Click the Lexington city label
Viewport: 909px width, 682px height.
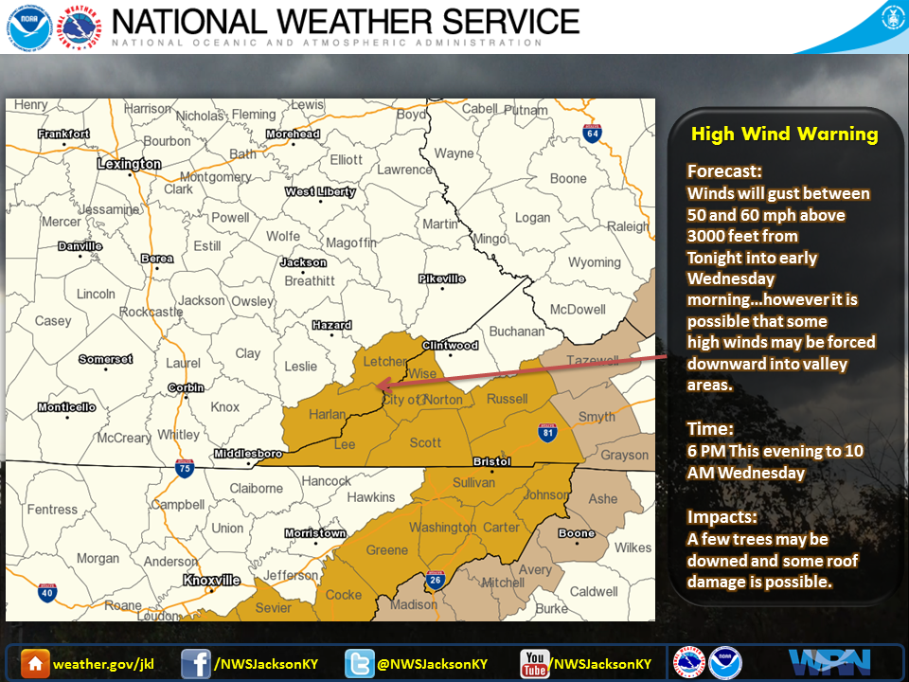click(x=130, y=164)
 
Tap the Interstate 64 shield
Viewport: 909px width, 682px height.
click(x=593, y=134)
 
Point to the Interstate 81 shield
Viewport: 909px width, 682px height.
click(x=546, y=432)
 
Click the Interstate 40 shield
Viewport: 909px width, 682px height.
click(x=45, y=594)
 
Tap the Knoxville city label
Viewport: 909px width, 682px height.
click(x=211, y=580)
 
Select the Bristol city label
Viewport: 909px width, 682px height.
click(x=491, y=462)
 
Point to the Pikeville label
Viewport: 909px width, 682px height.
click(x=442, y=278)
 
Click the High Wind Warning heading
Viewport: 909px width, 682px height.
click(x=784, y=135)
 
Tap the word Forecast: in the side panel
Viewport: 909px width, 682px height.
click(x=724, y=172)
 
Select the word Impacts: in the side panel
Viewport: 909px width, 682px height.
click(x=722, y=518)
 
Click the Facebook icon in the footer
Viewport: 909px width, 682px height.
click(x=195, y=663)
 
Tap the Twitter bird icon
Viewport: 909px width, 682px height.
click(x=359, y=663)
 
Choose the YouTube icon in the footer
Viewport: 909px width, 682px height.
click(x=535, y=663)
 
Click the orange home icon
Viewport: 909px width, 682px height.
click(x=35, y=663)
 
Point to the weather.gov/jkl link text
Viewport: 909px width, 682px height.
click(x=103, y=664)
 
